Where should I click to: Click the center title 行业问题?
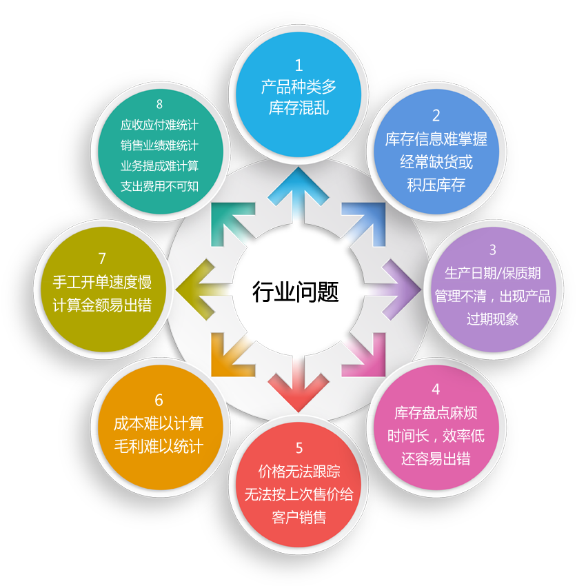(x=295, y=292)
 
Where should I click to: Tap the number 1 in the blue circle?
(x=299, y=65)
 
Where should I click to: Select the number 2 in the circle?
(x=436, y=116)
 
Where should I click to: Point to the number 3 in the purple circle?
(x=492, y=250)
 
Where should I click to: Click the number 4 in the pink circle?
(x=436, y=390)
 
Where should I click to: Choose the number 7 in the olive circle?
(x=102, y=259)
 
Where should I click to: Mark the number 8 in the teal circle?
(x=159, y=104)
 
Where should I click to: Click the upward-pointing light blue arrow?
(x=299, y=194)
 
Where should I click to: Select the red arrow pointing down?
(x=299, y=385)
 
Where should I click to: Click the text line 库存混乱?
(x=299, y=108)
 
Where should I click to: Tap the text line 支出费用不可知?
(x=159, y=186)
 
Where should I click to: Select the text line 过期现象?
(x=492, y=319)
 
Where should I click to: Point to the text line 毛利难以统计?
(x=159, y=446)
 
